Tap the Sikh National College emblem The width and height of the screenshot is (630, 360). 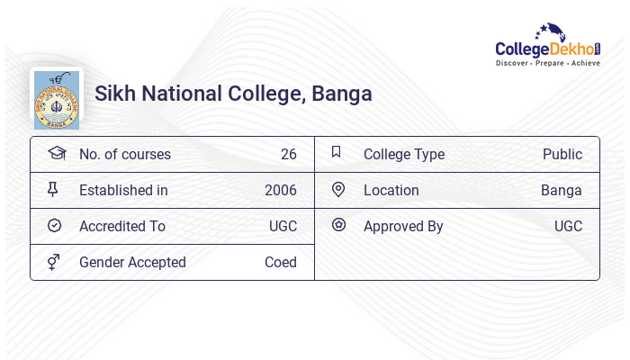click(x=56, y=98)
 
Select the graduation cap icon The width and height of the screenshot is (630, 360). click(x=56, y=153)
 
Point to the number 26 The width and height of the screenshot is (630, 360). click(x=288, y=154)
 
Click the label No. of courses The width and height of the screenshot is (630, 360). click(x=125, y=154)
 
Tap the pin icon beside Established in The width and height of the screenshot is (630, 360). click(x=53, y=189)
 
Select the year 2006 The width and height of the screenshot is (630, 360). click(x=281, y=190)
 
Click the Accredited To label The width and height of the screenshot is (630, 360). click(x=122, y=226)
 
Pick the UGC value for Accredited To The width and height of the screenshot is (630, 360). click(x=283, y=226)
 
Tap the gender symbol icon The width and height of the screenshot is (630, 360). click(x=53, y=262)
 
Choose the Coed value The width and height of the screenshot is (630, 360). click(x=281, y=262)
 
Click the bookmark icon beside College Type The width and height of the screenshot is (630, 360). click(x=337, y=152)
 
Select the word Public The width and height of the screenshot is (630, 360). click(x=562, y=154)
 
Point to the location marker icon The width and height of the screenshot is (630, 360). click(x=337, y=189)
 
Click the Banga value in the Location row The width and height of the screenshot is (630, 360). click(x=562, y=190)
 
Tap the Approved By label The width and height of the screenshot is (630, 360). click(x=403, y=226)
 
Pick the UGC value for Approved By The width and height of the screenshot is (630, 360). click(x=568, y=226)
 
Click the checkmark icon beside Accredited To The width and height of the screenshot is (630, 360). click(x=54, y=225)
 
